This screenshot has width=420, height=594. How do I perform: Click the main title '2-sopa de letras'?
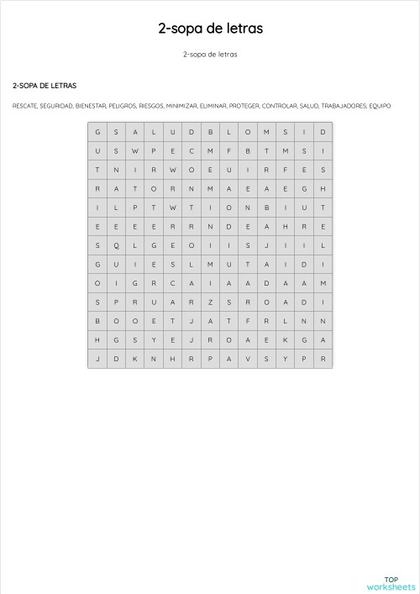coord(210,29)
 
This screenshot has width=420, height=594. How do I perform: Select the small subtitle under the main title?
coord(210,55)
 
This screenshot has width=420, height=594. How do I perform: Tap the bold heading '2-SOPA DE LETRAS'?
coord(45,86)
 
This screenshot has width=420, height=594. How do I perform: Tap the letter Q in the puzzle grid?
coord(116,245)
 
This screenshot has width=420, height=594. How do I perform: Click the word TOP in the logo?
coord(391,579)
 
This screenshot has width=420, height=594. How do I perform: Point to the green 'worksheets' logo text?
coord(391,586)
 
